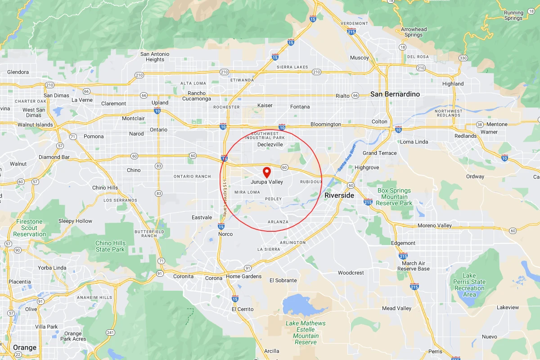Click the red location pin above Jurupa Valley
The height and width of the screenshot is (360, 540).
tap(266, 171)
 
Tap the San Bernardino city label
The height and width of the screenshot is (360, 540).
tap(395, 94)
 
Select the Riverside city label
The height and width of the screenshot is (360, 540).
tap(339, 195)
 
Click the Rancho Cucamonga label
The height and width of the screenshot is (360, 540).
tap(196, 96)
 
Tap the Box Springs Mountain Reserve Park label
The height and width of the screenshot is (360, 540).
tap(394, 197)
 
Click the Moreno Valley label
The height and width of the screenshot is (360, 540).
tap(435, 225)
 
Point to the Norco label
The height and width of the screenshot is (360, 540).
tap(225, 234)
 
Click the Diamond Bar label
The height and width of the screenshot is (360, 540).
tap(56, 157)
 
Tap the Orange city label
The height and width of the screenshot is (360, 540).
tap(25, 348)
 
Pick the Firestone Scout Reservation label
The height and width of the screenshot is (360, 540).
tap(30, 228)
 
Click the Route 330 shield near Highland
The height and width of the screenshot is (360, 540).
tap(463, 58)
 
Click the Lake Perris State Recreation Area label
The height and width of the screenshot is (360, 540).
tap(469, 285)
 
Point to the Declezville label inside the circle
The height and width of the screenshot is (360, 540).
tap(270, 145)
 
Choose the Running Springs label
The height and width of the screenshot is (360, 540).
tap(513, 15)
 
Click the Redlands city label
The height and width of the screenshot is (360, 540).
tap(465, 136)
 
